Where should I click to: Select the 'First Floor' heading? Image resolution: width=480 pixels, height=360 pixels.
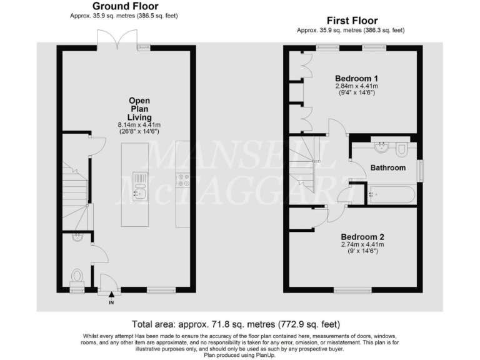coord(351,21)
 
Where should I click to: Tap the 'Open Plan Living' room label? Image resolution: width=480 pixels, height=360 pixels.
coord(139,109)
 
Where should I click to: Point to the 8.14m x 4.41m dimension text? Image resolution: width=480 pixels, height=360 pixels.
coord(139,126)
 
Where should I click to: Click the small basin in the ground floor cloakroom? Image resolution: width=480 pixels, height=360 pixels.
coord(77,237)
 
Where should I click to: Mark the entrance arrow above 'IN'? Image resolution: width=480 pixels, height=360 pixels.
coord(111,295)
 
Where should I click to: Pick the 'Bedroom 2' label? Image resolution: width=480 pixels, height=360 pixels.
coord(362,237)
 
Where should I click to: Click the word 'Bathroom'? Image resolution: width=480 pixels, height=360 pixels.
coord(387,167)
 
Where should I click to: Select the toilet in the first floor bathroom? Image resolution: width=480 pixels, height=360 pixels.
coord(402,148)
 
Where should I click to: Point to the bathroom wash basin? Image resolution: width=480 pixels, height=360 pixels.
coord(381,148)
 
